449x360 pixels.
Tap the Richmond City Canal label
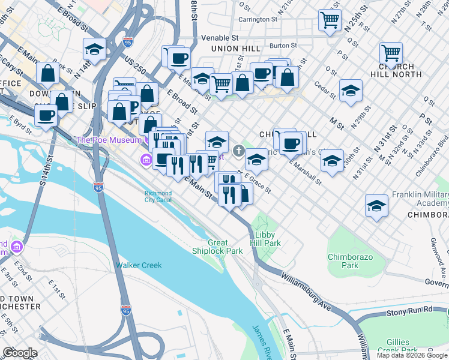[158, 197]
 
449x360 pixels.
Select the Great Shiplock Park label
[217, 247]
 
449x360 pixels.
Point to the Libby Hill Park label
[268, 239]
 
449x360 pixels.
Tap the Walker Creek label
[139, 265]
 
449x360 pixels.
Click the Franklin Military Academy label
[420, 199]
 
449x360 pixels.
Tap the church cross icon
[238, 150]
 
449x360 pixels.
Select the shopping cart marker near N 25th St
[330, 20]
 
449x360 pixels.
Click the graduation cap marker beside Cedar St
[351, 90]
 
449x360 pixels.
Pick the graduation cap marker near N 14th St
[94, 49]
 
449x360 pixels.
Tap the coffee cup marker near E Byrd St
[46, 115]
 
